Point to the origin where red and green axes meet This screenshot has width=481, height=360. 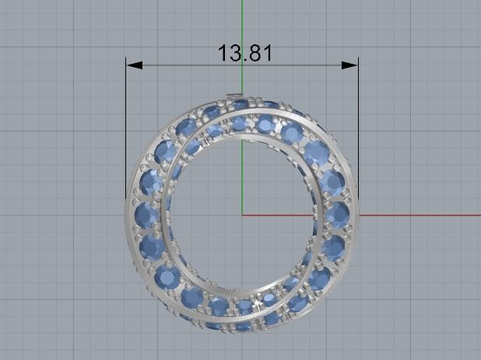pyautogui.click(x=243, y=215)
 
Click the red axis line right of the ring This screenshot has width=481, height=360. pyautogui.click(x=420, y=215)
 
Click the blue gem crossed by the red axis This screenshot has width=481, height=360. pyautogui.click(x=337, y=215)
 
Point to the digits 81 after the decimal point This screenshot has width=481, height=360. pyautogui.click(x=260, y=53)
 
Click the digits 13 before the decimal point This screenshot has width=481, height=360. pyautogui.click(x=229, y=53)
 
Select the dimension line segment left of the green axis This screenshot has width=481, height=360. pyautogui.click(x=187, y=65)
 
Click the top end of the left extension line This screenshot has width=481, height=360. pyautogui.click(x=126, y=57)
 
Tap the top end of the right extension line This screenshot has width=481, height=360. pyautogui.click(x=358, y=57)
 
